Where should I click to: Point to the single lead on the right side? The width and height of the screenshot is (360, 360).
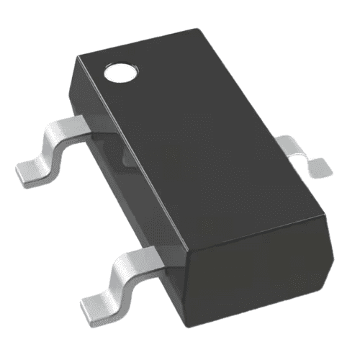tap(302, 153)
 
